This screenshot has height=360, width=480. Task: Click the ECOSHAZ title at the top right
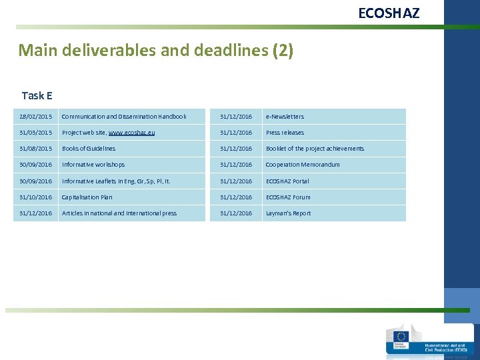pyautogui.click(x=389, y=13)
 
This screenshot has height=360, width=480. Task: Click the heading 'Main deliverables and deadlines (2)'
pyautogui.click(x=155, y=51)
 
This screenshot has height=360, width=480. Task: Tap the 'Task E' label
pyautogui.click(x=37, y=96)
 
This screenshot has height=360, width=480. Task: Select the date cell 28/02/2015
pyautogui.click(x=36, y=117)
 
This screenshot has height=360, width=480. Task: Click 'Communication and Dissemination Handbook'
pyautogui.click(x=124, y=117)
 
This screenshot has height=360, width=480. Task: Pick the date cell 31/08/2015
pyautogui.click(x=36, y=149)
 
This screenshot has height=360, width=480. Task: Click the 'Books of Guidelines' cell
pyautogui.click(x=89, y=149)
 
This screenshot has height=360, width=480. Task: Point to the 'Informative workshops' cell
pyautogui.click(x=93, y=165)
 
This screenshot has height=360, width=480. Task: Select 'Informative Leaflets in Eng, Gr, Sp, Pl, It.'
pyautogui.click(x=116, y=181)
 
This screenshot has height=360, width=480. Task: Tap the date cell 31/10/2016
pyautogui.click(x=36, y=197)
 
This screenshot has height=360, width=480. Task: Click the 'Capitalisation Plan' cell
pyautogui.click(x=87, y=197)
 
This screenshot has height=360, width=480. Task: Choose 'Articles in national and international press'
pyautogui.click(x=119, y=213)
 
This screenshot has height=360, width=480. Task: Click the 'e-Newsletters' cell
pyautogui.click(x=285, y=117)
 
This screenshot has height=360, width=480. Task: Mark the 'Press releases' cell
pyautogui.click(x=285, y=133)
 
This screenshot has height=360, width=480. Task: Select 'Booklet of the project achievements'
pyautogui.click(x=315, y=149)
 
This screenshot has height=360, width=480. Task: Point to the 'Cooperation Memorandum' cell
pyautogui.click(x=303, y=165)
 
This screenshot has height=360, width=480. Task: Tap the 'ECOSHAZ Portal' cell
pyautogui.click(x=287, y=181)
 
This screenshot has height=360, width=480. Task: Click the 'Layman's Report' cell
pyautogui.click(x=288, y=213)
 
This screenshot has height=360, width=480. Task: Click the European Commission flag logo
pyautogui.click(x=401, y=338)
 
